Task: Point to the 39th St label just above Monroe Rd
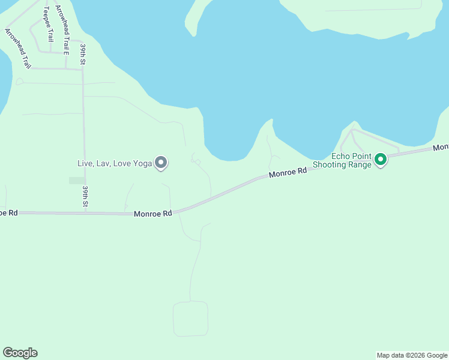tap(86, 197)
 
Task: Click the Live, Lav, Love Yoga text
tap(115, 163)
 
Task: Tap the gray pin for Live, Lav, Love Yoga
tap(161, 163)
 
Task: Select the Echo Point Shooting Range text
tap(351, 160)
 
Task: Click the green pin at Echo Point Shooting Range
tap(380, 160)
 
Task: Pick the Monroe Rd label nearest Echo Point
tap(288, 172)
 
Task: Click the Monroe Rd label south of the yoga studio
tap(153, 213)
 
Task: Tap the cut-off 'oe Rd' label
tap(8, 213)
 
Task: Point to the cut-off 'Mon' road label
tap(441, 147)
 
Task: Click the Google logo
tap(20, 353)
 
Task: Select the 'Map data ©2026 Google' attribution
tap(412, 355)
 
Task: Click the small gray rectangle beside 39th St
tap(77, 180)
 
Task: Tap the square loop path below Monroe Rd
tap(190, 319)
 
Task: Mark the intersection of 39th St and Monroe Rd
tap(85, 212)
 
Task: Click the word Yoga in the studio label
tap(143, 163)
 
